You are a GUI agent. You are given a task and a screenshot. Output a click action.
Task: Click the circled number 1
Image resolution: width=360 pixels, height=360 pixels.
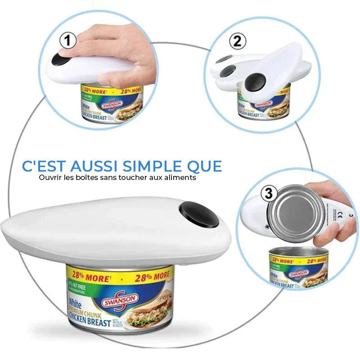(67, 42)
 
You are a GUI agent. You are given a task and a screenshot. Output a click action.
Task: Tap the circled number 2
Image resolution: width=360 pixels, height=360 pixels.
(238, 42)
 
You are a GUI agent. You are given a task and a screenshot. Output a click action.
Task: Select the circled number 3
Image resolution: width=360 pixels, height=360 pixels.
(269, 194)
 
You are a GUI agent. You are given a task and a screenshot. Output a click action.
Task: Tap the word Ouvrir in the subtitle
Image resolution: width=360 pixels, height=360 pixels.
(49, 177)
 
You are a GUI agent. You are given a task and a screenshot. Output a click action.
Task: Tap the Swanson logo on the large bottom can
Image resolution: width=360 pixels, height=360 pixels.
(120, 299)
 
